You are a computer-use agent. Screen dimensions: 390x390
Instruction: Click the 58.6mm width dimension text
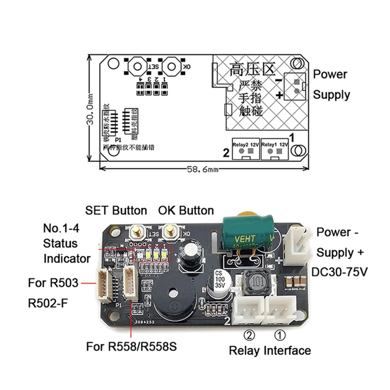[201, 169]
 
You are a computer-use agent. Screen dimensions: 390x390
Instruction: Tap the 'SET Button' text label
[116, 211]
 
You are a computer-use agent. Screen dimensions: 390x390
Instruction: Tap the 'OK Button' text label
[186, 211]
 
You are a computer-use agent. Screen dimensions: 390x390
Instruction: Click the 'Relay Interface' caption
[270, 350]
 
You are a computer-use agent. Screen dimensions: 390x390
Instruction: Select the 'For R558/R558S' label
[131, 347]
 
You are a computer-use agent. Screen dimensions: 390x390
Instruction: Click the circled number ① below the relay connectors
[280, 335]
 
